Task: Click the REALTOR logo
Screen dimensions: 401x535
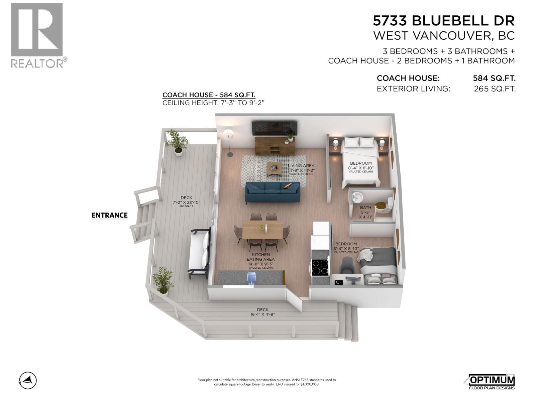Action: click(x=37, y=35)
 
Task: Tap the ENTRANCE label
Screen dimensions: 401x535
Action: click(x=109, y=215)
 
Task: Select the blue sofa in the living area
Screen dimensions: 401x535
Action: click(x=273, y=193)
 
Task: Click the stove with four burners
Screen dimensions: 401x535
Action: click(x=320, y=267)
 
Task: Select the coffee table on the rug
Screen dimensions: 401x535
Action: click(x=275, y=168)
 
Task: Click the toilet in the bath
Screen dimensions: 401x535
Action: click(x=389, y=205)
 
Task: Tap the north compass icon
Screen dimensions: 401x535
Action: click(x=28, y=380)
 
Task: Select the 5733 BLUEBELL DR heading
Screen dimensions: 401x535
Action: click(x=444, y=21)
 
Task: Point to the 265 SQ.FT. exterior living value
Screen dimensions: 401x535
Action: click(x=495, y=89)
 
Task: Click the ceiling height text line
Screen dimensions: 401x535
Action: click(x=213, y=103)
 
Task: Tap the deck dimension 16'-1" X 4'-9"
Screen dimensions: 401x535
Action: click(x=262, y=314)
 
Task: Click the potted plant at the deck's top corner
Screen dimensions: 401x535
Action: click(x=178, y=142)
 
